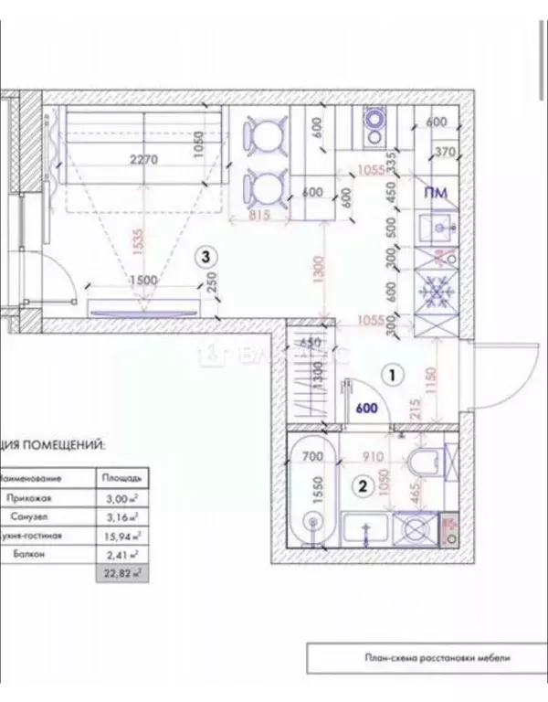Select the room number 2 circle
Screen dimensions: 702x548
(363, 487)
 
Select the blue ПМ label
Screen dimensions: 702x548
(436, 193)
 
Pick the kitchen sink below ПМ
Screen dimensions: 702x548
(435, 227)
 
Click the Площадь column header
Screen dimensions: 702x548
(121, 476)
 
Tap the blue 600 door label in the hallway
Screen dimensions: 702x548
(367, 411)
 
